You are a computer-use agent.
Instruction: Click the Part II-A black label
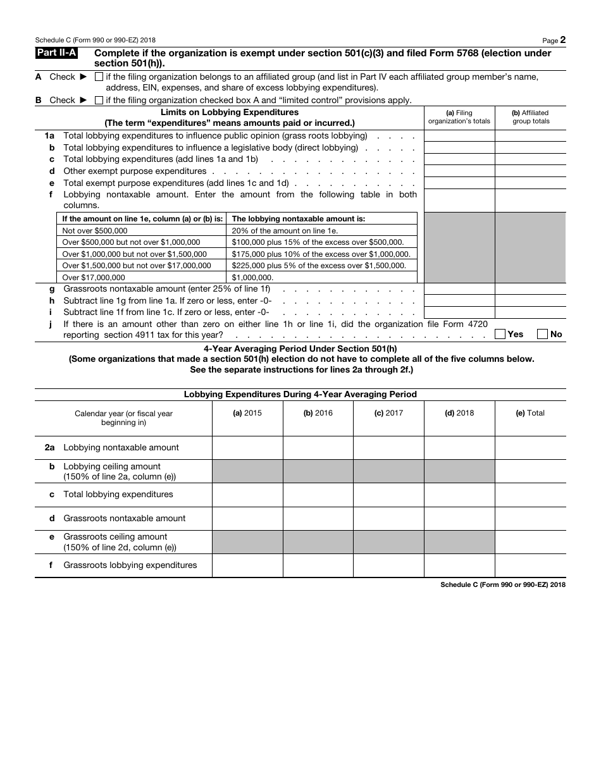click(56, 54)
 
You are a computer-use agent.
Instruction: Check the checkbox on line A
click(99, 77)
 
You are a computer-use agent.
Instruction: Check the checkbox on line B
click(99, 100)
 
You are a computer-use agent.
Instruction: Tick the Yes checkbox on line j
click(500, 334)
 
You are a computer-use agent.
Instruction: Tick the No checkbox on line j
click(542, 334)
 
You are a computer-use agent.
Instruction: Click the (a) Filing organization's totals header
click(459, 117)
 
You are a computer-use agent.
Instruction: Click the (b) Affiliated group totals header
click(530, 117)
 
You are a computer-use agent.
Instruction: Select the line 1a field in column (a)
click(459, 136)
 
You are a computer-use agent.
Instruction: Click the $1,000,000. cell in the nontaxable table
click(321, 277)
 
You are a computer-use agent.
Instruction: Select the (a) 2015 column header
click(247, 413)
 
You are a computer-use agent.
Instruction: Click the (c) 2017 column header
click(388, 413)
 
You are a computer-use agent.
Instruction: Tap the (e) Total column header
click(530, 413)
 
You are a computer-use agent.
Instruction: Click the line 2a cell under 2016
click(318, 447)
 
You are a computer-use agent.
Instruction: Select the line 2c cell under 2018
click(459, 495)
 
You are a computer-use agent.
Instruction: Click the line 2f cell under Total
click(530, 565)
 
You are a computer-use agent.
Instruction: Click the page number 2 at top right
click(562, 39)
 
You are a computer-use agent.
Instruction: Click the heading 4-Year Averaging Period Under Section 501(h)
click(300, 349)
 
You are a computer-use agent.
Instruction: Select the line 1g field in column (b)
click(530, 288)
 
